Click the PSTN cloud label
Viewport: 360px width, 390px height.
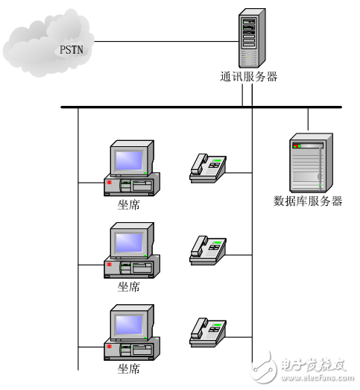click(x=72, y=50)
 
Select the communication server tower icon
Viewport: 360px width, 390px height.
click(x=251, y=38)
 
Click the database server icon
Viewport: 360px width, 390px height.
click(x=308, y=162)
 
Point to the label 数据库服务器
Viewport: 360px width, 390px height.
click(x=308, y=201)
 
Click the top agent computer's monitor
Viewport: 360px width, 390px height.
click(x=128, y=160)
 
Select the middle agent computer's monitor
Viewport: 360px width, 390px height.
click(x=128, y=242)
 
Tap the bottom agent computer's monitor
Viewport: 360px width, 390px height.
click(x=128, y=323)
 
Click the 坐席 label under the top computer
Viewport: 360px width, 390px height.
click(x=128, y=204)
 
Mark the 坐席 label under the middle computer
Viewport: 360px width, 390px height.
click(x=128, y=286)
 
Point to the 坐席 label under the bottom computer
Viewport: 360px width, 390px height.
click(x=128, y=368)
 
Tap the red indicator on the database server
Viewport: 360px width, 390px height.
click(x=295, y=145)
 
